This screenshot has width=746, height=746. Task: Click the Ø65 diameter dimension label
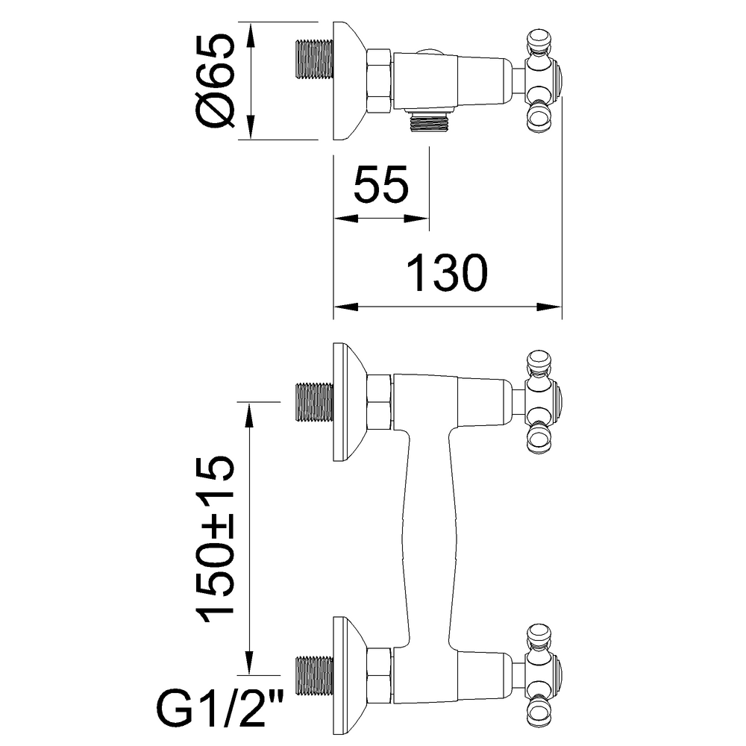click(x=215, y=81)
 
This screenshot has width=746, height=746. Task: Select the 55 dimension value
click(x=381, y=184)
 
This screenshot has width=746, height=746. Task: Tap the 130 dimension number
click(x=447, y=272)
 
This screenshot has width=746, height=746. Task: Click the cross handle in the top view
click(x=543, y=81)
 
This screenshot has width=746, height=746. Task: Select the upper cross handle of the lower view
click(x=543, y=401)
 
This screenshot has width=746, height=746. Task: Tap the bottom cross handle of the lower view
click(x=543, y=674)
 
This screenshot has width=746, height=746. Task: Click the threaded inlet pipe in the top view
click(x=314, y=60)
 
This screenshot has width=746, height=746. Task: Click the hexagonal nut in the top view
click(x=380, y=81)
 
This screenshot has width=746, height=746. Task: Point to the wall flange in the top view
click(x=350, y=81)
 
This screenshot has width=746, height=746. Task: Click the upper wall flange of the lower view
click(x=350, y=402)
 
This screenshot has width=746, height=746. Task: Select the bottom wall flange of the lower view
click(x=350, y=676)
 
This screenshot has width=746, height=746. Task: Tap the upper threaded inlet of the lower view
click(x=314, y=402)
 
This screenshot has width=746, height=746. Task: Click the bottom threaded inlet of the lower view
click(x=314, y=676)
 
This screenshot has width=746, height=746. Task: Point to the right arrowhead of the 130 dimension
click(x=550, y=307)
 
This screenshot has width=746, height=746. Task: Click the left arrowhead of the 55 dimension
click(x=346, y=219)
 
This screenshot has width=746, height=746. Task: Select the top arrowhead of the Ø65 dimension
click(x=251, y=35)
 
